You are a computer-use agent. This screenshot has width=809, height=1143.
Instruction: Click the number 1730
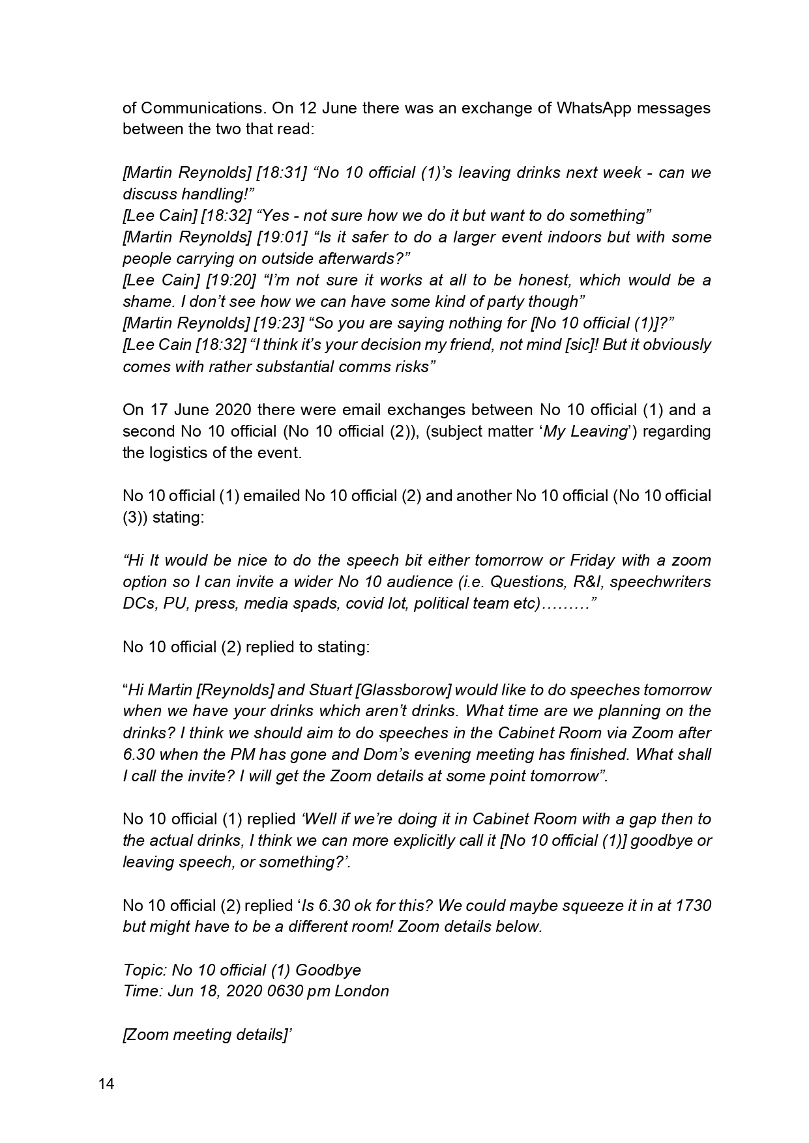pos(694,906)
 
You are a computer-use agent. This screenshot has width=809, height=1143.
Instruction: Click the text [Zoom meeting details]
pos(205,1035)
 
